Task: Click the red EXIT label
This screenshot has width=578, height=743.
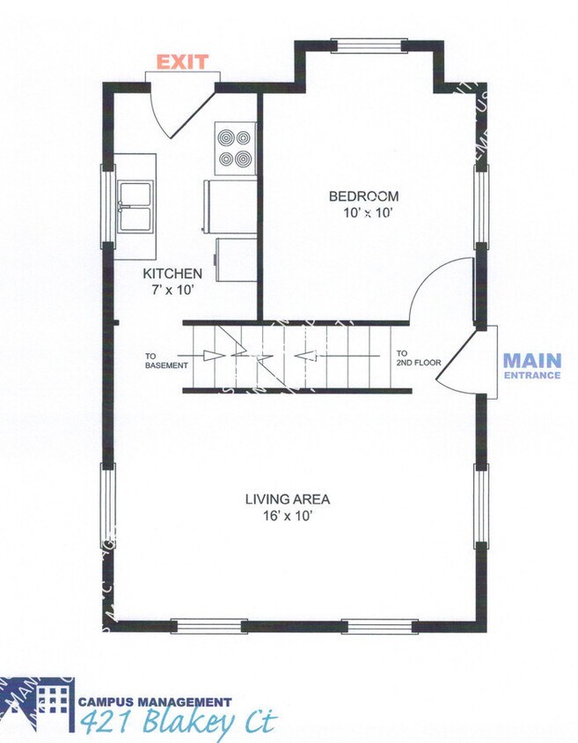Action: click(x=182, y=63)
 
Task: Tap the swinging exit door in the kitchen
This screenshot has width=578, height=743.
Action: click(x=180, y=109)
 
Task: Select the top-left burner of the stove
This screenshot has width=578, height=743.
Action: click(x=226, y=138)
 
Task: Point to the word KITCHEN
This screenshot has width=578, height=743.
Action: click(x=172, y=274)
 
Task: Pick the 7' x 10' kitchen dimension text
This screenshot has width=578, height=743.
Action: click(x=172, y=289)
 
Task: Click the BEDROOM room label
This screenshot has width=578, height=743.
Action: click(x=363, y=196)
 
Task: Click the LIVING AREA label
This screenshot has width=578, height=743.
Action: click(x=288, y=500)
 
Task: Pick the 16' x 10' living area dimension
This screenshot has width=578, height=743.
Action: click(x=288, y=517)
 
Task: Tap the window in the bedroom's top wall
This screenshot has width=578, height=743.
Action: click(x=369, y=45)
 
